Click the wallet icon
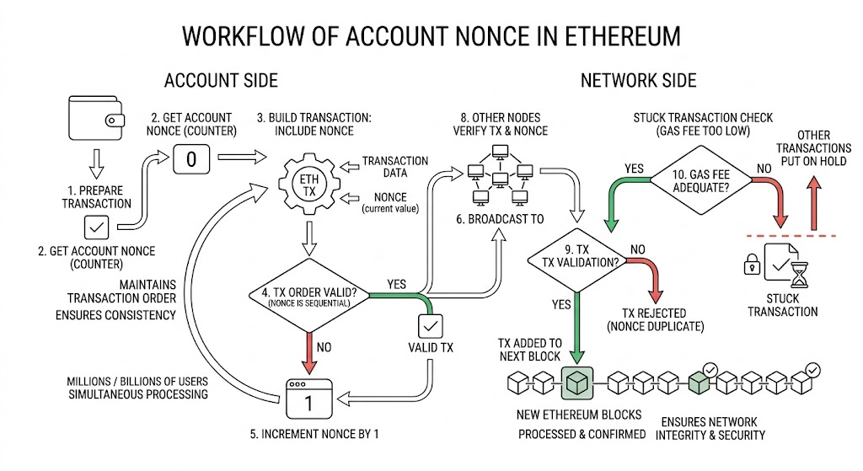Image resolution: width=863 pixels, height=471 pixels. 96,118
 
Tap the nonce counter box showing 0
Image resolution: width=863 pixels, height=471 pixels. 191,159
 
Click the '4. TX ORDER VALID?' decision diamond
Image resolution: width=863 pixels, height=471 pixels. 308,296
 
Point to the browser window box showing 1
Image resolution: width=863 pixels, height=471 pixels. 308,399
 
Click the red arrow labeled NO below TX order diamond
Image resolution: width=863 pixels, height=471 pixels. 309,354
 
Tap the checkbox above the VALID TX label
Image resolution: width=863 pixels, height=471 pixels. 430,326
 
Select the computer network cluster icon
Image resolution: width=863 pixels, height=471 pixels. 500,174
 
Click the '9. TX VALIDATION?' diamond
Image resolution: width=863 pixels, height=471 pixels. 576,260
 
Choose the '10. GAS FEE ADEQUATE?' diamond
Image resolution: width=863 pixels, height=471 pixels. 700,180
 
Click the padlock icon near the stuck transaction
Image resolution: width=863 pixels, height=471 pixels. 752,264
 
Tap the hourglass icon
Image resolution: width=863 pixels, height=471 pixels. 799,275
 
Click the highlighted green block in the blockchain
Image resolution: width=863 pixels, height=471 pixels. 576,383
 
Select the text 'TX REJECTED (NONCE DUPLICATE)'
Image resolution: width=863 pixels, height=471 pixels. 655,319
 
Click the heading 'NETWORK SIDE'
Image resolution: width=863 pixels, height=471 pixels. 639,81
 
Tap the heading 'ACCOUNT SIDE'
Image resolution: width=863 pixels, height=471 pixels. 221,81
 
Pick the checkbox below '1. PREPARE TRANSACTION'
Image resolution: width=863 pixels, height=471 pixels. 96,227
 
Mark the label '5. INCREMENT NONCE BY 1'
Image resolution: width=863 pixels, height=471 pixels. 314,434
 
